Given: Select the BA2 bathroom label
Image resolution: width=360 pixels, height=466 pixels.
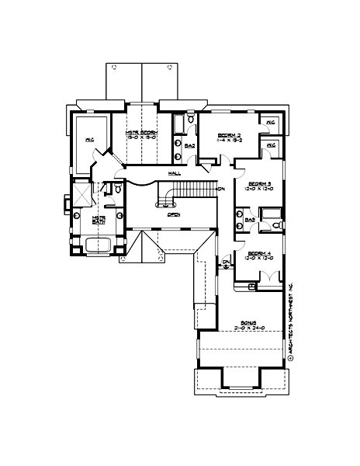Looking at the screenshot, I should click(x=189, y=144).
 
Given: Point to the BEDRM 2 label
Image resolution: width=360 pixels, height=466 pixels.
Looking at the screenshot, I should click(x=229, y=133).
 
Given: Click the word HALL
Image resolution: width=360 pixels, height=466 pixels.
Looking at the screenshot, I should click(x=175, y=172).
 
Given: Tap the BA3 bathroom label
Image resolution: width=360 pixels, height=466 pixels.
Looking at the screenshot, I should click(x=250, y=220).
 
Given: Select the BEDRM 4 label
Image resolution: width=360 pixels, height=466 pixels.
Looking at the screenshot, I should click(x=258, y=254).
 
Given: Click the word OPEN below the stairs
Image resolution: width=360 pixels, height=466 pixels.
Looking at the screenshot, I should click(x=174, y=214).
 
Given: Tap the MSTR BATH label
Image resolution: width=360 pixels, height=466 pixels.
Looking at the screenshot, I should click(x=99, y=220).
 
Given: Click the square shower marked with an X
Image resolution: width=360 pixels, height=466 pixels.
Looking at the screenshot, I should click(x=81, y=193).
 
